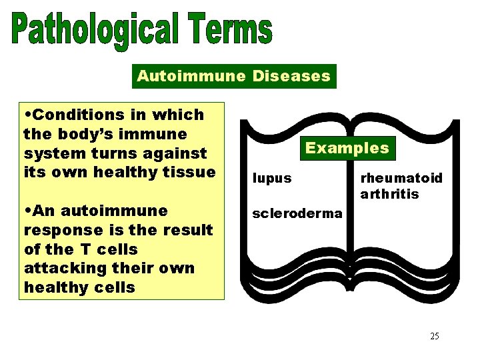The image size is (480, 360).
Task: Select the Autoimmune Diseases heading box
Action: pos(233,76)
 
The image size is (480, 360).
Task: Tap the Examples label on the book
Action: pos(347,148)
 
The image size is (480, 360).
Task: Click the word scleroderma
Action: pos(287,214)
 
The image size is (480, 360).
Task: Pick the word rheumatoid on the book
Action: pos(401,178)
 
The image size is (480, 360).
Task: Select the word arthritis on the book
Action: pos(389,194)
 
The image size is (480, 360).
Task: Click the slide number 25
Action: pos(434,336)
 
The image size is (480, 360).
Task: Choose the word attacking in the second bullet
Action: pos(61,269)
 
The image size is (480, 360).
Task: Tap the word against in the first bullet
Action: pos(179,153)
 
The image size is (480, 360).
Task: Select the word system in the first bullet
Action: pos(48,153)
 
